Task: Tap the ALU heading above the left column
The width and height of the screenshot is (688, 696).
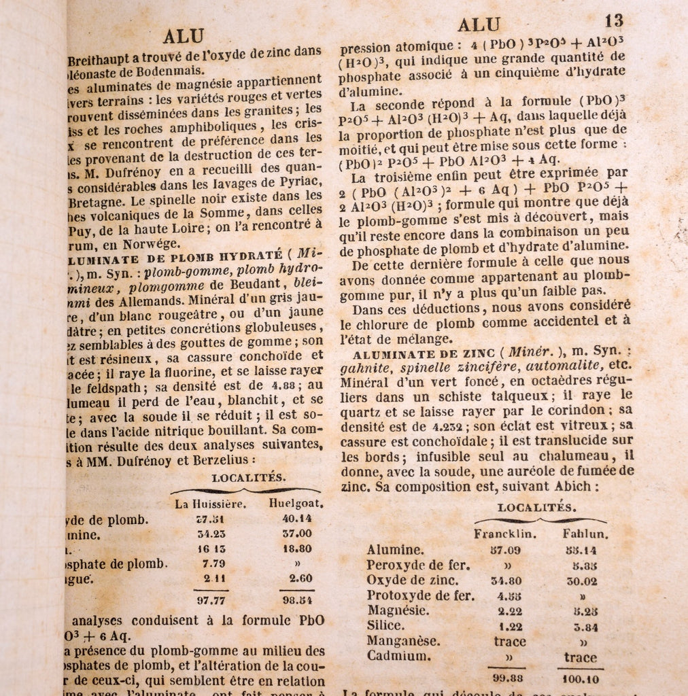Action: [184, 36]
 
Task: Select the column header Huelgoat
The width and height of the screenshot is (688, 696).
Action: [296, 504]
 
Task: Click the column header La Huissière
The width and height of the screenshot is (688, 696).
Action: [210, 504]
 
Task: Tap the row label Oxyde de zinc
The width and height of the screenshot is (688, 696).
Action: [412, 580]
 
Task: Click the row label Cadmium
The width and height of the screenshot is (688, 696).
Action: [398, 656]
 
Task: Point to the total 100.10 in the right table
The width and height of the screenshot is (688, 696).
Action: [581, 678]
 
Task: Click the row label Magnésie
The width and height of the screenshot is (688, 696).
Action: [398, 610]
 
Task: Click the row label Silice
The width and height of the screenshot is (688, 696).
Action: [385, 625]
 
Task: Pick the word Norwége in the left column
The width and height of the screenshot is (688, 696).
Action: [147, 243]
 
